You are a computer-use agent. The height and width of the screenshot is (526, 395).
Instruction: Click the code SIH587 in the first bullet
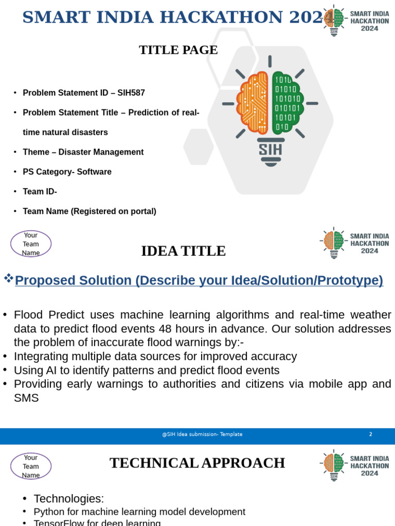(x=131, y=93)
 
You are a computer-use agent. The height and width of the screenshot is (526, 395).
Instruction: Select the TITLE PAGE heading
(x=178, y=50)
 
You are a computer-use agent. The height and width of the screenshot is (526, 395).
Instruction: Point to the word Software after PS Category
(x=94, y=172)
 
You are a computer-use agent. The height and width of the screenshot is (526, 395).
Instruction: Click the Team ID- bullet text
(x=40, y=191)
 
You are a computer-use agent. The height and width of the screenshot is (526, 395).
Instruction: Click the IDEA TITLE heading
(x=183, y=251)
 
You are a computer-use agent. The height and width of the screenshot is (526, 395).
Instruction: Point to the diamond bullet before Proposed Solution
(x=8, y=278)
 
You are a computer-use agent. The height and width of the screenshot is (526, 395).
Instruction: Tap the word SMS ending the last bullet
(x=26, y=398)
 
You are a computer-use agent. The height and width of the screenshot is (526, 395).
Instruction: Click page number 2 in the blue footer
(x=370, y=434)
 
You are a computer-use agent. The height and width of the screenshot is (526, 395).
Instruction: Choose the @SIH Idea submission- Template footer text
(x=202, y=434)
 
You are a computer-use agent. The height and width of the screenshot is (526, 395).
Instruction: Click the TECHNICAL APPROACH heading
(x=197, y=463)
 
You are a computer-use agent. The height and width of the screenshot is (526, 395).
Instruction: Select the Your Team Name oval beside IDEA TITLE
(x=31, y=244)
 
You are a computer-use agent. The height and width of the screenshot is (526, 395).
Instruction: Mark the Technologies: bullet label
(x=68, y=498)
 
